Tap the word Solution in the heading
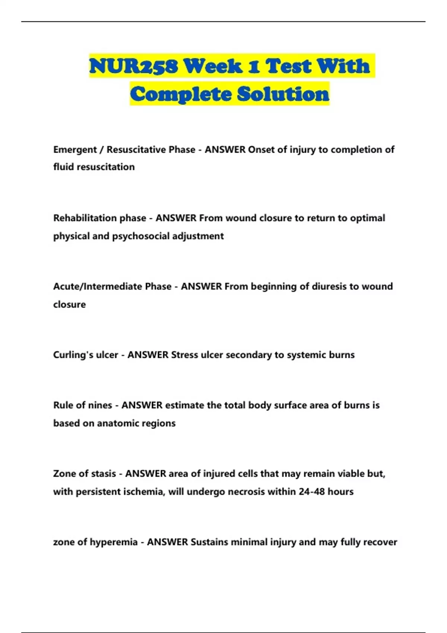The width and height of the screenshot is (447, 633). click(283, 94)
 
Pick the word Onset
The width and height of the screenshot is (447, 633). click(261, 150)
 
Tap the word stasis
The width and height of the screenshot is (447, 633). click(103, 474)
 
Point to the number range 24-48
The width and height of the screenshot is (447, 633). click(311, 492)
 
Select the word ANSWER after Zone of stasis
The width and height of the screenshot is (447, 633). click(146, 474)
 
